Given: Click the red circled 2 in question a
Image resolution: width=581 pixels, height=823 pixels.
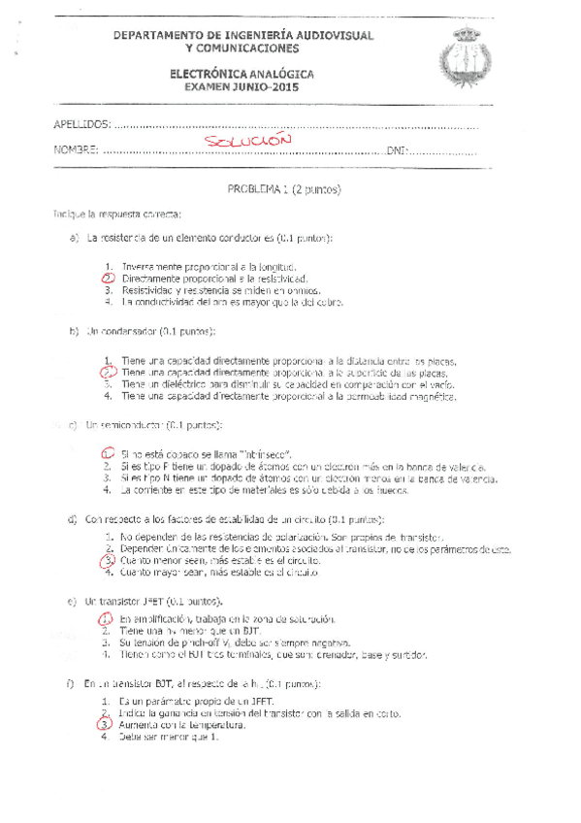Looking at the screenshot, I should pyautogui.click(x=109, y=279).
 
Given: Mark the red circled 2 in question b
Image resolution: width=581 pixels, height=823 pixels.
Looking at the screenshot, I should pyautogui.click(x=109, y=372).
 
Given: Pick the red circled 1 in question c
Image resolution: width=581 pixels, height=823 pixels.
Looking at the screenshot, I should pyautogui.click(x=109, y=453).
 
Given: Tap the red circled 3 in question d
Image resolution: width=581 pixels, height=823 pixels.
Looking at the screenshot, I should pyautogui.click(x=109, y=560).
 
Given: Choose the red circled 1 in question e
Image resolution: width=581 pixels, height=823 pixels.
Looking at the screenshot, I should pyautogui.click(x=109, y=618).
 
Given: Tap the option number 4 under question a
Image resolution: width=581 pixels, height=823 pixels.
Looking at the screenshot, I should pyautogui.click(x=109, y=302).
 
